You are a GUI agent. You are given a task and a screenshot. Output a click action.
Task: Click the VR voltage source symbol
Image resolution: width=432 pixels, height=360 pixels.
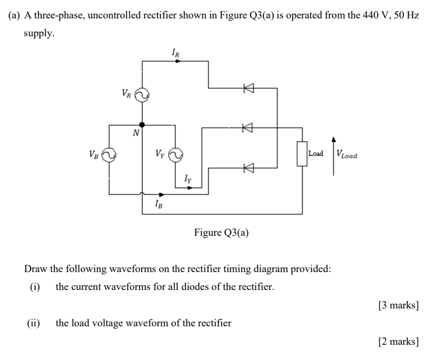tap(142, 95)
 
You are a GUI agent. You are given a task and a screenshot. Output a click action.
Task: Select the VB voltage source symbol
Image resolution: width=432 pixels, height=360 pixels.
tap(109, 155)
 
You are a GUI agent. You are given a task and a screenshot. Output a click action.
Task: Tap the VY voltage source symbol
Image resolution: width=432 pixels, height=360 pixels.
tap(175, 155)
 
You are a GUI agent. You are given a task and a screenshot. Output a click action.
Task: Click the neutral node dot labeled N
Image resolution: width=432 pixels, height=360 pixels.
tap(142, 125)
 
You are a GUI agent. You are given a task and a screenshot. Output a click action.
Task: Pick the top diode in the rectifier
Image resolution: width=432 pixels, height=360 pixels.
tap(247, 88)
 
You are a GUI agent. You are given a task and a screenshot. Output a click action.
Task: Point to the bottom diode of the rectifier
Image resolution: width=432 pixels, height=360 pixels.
tap(247, 167)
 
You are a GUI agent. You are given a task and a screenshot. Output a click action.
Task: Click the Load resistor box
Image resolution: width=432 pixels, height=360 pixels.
tap(302, 154)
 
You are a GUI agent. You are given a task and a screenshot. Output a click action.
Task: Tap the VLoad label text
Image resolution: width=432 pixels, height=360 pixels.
tap(346, 155)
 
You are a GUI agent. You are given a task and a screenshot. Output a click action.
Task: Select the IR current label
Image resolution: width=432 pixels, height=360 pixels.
tap(176, 52)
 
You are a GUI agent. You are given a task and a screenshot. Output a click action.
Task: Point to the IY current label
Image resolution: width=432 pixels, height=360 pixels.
tap(188, 180)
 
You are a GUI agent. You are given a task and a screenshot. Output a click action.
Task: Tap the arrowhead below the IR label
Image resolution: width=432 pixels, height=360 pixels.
tap(178, 61)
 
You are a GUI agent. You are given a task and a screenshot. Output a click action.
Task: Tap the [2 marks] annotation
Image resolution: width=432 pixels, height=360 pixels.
tap(398, 342)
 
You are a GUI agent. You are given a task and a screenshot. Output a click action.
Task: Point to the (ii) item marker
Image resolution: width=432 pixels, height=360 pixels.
tap(34, 323)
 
